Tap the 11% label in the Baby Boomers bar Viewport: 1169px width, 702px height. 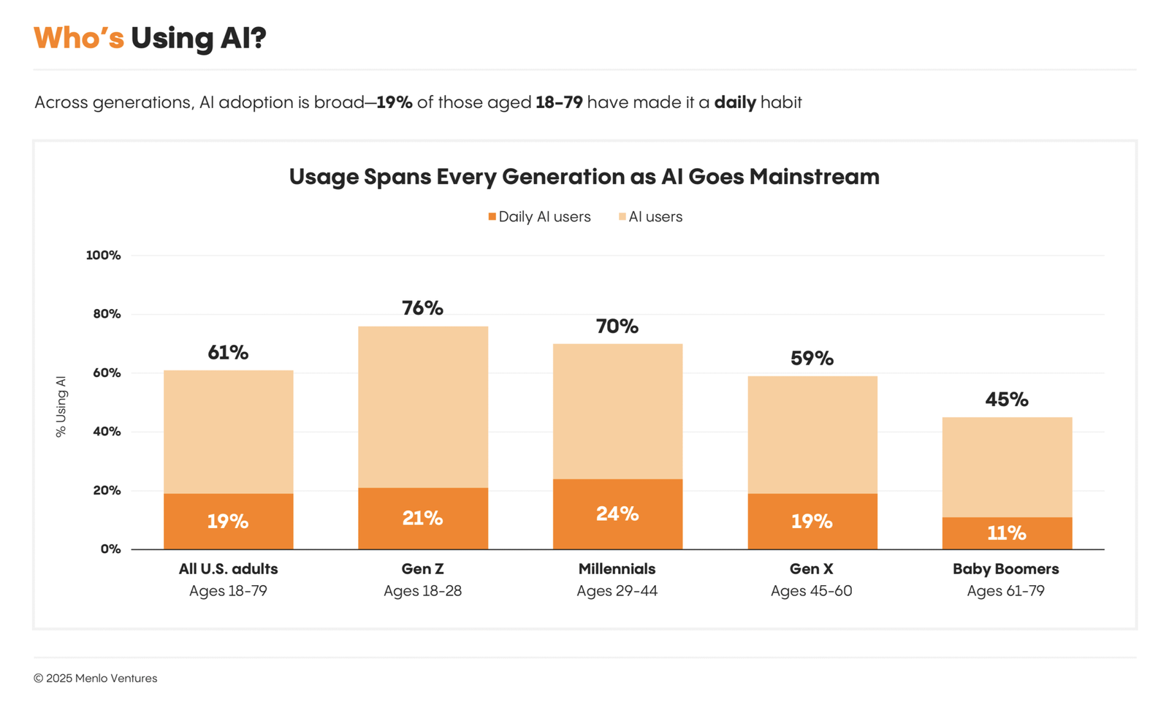(1006, 533)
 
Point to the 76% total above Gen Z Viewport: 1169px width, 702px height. (422, 308)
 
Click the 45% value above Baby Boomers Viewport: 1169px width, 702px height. (1006, 400)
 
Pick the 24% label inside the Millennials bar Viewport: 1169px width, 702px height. (617, 514)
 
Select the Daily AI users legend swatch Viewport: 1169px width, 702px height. (492, 217)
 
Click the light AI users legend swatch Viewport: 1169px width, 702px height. (622, 217)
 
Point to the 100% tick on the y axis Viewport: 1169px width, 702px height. (103, 256)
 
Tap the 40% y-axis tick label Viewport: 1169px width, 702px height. (106, 432)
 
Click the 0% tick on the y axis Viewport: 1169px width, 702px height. (110, 549)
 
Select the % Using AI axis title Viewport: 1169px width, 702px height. (61, 407)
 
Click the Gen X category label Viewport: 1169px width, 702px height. (811, 569)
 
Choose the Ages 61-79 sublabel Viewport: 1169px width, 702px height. (1005, 591)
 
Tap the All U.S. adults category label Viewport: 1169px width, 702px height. (228, 569)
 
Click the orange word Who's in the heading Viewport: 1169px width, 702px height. (79, 38)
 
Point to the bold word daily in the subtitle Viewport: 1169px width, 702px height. (734, 102)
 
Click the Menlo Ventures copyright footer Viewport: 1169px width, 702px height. (95, 679)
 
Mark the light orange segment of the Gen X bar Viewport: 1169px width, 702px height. (812, 435)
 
